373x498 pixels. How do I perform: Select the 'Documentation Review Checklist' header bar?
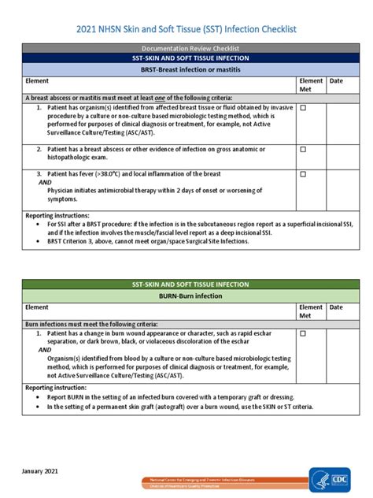click(186, 49)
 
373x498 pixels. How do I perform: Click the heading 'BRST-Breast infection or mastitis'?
click(186, 70)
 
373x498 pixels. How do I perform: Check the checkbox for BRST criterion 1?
click(303, 108)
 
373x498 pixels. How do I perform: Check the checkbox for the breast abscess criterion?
click(303, 148)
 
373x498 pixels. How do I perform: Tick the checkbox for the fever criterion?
click(303, 172)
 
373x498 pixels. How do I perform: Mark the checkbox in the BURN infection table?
click(303, 333)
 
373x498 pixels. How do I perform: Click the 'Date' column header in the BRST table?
click(336, 81)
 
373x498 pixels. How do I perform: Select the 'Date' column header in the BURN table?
click(336, 307)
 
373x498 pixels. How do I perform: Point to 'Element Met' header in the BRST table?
click(311, 85)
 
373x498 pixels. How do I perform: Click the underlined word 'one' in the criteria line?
click(143, 97)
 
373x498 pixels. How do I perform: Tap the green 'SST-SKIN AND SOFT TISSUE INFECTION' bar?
click(186, 282)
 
